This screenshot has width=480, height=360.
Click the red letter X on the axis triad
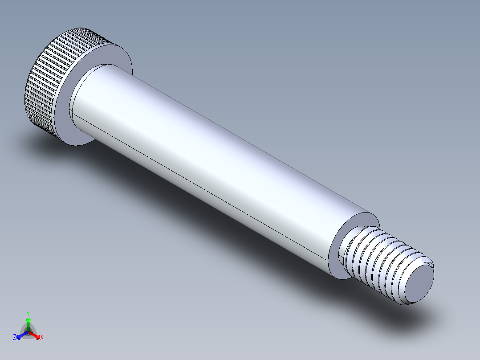click(42, 338)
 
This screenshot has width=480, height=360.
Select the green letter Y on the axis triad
click(28, 313)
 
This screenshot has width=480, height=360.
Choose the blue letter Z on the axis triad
click(15, 338)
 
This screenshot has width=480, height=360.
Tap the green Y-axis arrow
click(28, 323)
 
